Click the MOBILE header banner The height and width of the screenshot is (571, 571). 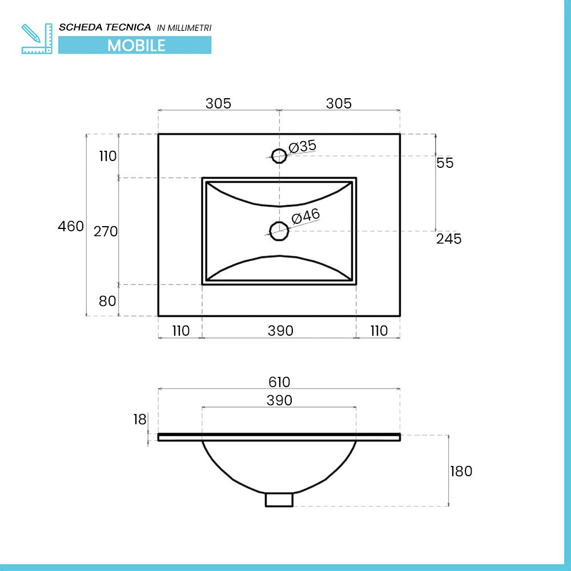coord(135,45)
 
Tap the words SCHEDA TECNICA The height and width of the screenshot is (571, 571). coord(105,27)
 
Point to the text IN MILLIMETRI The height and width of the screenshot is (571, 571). coord(184,28)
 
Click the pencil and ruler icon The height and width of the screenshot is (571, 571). coord(37,38)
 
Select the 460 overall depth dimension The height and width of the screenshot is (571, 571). coord(71,226)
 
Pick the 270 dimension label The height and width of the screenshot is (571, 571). coord(106,231)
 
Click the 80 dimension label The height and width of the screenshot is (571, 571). coord(107,301)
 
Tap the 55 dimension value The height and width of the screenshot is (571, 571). coord(445,163)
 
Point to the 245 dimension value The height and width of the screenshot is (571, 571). coord(449,239)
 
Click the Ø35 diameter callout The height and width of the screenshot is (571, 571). coord(303,146)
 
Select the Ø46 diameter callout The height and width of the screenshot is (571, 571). coord(305,216)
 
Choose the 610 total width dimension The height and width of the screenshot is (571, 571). coord(279,382)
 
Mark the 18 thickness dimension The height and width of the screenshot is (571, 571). coord(140,420)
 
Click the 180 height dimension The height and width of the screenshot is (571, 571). coord(461,471)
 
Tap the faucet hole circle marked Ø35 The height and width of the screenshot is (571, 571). coord(279,155)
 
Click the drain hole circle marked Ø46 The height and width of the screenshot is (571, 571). coord(279,230)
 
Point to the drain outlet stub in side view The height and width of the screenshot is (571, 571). coord(279,500)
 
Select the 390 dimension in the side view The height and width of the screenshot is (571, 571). coord(279,400)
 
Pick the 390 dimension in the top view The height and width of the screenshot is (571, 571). coord(280,331)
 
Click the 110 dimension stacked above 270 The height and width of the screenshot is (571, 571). coord(107,156)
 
